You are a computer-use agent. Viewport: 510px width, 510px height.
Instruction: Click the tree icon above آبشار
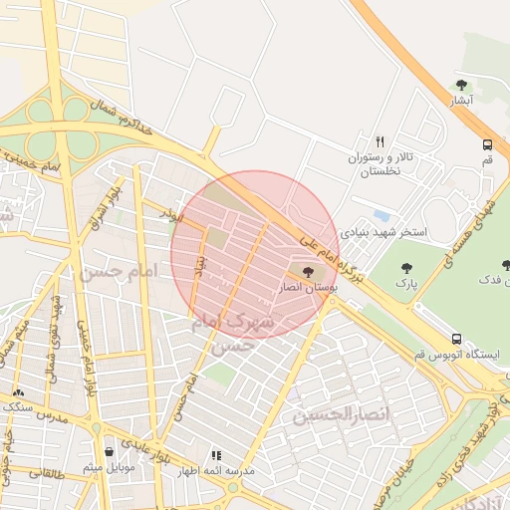[x=460, y=86]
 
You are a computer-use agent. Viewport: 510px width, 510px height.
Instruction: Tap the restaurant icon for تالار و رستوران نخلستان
[x=380, y=141]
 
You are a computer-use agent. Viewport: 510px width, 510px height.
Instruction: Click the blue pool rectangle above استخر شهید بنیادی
[x=381, y=215]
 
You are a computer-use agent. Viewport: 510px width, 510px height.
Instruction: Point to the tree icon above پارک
[x=406, y=268]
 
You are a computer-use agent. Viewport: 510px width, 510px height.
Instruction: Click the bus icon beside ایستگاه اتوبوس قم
[x=456, y=339]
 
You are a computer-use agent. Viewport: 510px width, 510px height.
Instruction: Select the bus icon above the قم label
[x=487, y=143]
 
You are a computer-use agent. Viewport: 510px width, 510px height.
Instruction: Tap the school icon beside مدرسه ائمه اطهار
[x=216, y=455]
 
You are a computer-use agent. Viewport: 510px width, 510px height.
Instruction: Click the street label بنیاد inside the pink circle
[x=197, y=269]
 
